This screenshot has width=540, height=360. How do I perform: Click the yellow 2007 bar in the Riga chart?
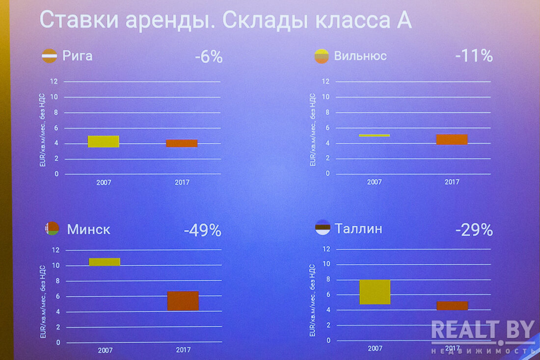pos(104,141)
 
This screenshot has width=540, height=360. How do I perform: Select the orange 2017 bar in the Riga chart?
pos(182,143)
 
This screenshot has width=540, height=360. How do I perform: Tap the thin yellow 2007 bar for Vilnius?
pos(374,135)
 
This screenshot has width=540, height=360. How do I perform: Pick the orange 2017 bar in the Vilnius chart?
pos(452,139)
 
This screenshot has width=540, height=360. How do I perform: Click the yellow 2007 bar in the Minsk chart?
pos(105,262)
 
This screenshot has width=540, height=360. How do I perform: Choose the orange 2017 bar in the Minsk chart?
pos(183,301)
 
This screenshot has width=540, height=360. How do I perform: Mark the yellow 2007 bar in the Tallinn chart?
pos(375,292)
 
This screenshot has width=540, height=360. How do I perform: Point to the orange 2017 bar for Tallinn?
pos(452,306)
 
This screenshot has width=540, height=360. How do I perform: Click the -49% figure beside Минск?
pos(202,231)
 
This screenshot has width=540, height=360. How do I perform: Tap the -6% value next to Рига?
pos(209,57)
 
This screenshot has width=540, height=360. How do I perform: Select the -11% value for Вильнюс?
pos(474,56)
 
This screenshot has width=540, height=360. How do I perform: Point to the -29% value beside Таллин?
pos(474,230)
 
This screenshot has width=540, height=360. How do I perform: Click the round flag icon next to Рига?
pos(49,56)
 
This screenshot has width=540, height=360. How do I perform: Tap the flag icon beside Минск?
pos(52,229)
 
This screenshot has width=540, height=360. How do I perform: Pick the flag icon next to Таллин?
pos(323,228)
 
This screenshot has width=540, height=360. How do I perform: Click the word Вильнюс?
pos(360,56)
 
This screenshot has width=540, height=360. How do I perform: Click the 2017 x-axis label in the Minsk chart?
pos(183,350)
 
